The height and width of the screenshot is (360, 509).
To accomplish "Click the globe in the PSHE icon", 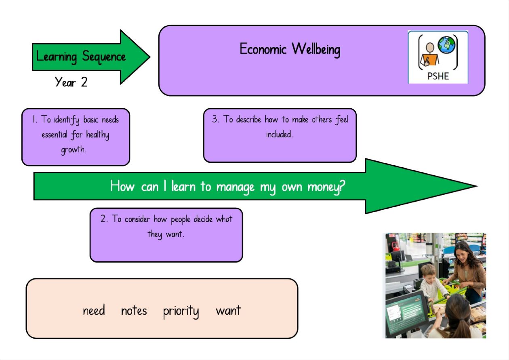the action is (x=446, y=45).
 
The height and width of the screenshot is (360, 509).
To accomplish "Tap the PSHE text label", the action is (x=438, y=76).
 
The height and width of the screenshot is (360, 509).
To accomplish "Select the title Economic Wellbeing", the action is (x=290, y=49).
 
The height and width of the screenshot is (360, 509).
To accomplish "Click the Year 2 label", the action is (x=71, y=82).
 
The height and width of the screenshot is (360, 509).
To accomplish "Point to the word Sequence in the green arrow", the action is (x=104, y=57).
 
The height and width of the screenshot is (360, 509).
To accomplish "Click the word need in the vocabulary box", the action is (x=94, y=310).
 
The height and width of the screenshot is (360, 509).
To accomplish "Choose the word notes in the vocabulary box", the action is (x=134, y=310).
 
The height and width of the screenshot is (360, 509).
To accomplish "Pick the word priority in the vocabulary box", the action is (x=181, y=311).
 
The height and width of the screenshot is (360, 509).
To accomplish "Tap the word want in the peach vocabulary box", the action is (x=228, y=310).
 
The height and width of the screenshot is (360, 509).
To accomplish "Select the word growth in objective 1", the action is (x=74, y=150).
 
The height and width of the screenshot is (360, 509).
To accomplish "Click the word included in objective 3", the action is (x=280, y=134).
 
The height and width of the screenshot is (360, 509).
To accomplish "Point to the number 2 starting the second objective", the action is (x=103, y=219).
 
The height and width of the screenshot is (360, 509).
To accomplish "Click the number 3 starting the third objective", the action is (x=215, y=119).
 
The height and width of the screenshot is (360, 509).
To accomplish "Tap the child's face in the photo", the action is (x=428, y=274).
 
